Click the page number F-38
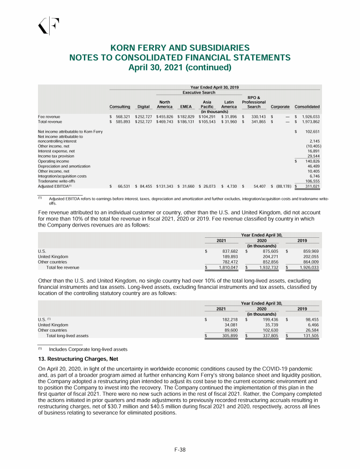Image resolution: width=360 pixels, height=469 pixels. click(180, 449)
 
